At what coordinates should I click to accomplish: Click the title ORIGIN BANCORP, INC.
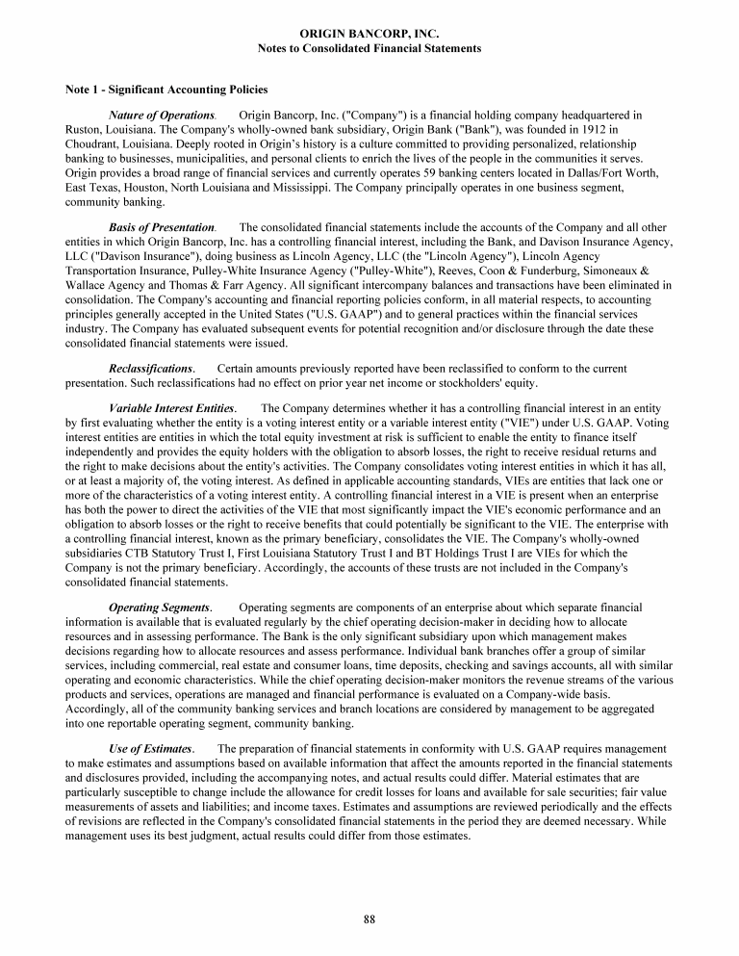pos(369,34)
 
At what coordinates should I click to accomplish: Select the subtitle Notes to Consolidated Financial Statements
pos(369,48)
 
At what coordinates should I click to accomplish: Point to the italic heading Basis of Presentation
pos(161,226)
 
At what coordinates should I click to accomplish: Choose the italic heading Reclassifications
pos(152,369)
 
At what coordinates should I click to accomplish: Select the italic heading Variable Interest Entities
pos(172,408)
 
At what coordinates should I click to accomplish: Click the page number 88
pos(369,919)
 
